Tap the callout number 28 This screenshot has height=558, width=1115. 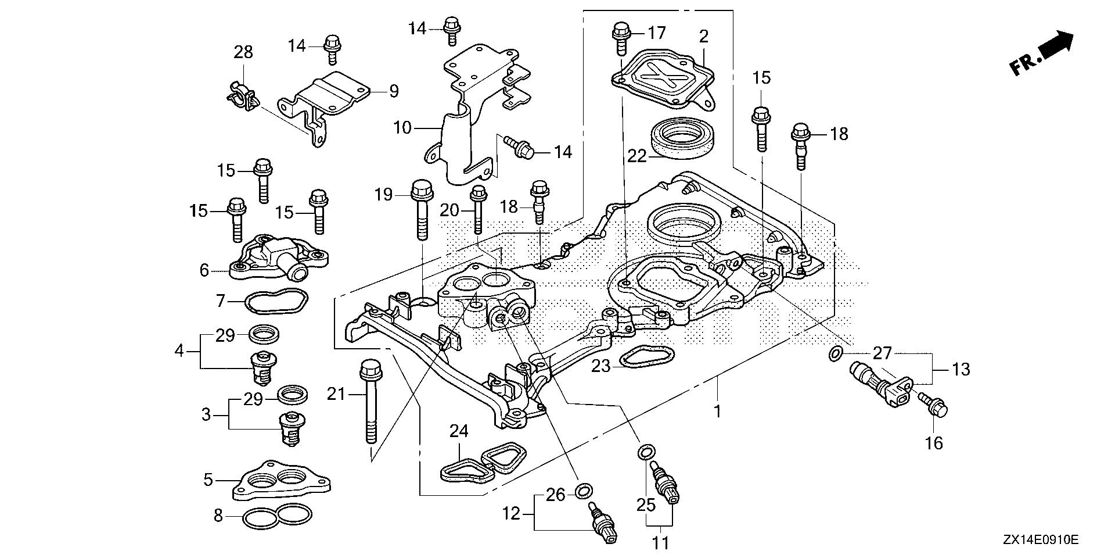243,52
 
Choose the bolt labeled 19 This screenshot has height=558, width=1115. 422,212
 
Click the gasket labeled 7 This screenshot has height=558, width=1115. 276,301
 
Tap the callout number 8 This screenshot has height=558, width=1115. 218,516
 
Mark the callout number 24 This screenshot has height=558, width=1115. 459,431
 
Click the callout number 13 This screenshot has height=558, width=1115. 961,369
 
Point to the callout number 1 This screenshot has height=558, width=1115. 718,411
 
